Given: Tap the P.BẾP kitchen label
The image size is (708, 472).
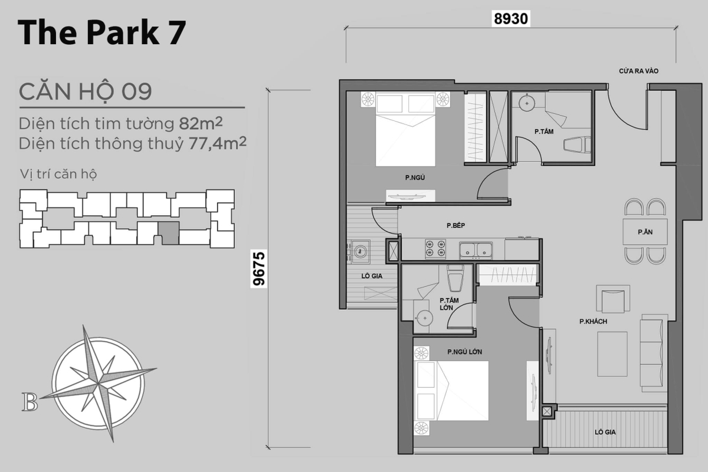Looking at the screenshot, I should click(457, 225).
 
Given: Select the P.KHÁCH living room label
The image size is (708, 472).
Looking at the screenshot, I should click(593, 322).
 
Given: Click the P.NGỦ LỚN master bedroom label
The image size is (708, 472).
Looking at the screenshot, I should click(464, 352).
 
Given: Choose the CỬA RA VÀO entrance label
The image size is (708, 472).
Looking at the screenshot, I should click(638, 71).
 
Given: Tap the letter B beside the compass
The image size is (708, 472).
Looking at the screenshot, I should click(29, 402).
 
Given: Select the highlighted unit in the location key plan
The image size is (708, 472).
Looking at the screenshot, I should click(169, 234).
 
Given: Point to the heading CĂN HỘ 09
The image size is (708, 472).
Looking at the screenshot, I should click(86, 92).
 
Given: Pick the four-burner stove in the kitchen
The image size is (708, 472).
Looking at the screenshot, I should click(435, 248).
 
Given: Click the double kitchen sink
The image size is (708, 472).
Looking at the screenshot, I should click(477, 250).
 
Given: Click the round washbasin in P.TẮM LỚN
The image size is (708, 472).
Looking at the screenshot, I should click(423, 317).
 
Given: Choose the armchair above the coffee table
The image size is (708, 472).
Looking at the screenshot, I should click(613, 300).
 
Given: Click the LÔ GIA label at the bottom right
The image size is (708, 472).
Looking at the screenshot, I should click(605, 432).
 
